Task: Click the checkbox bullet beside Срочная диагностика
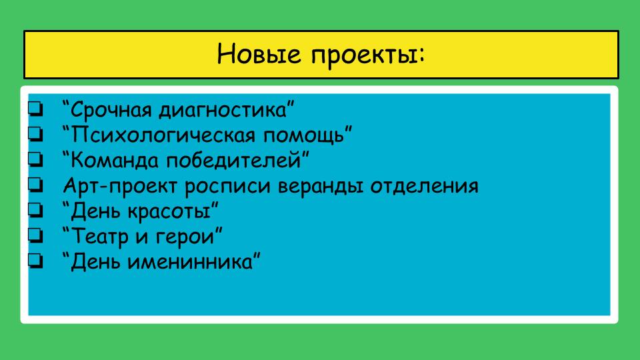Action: [x=35, y=109]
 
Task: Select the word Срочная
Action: [x=111, y=110]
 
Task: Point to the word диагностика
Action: [x=223, y=110]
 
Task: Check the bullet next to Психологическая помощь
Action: [x=35, y=135]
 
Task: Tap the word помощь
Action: [x=304, y=135]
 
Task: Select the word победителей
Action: [x=234, y=160]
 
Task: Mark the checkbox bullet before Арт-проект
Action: [x=35, y=185]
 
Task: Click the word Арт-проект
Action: [x=121, y=187]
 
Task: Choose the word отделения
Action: [x=424, y=187]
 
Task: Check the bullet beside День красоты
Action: [x=35, y=211]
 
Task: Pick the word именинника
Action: [x=191, y=261]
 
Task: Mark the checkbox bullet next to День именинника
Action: [x=35, y=261]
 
